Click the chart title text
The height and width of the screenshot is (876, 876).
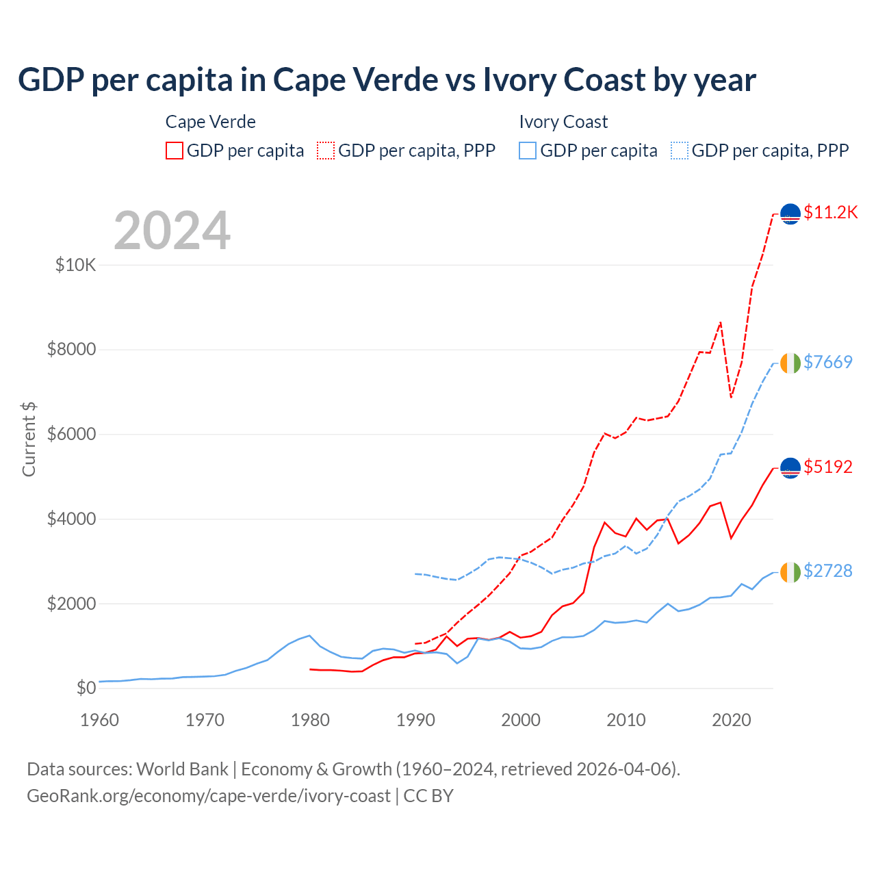pyautogui.click(x=387, y=80)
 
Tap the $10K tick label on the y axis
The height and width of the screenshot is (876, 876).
pyautogui.click(x=75, y=265)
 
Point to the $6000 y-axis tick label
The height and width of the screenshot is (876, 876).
pyautogui.click(x=71, y=435)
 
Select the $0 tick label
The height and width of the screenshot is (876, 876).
pyautogui.click(x=86, y=688)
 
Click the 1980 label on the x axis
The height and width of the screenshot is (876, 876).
pyautogui.click(x=310, y=720)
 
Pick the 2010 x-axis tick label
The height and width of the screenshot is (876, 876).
pyautogui.click(x=626, y=720)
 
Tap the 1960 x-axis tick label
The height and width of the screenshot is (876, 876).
pyautogui.click(x=100, y=720)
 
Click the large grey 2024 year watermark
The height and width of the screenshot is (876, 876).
pyautogui.click(x=172, y=231)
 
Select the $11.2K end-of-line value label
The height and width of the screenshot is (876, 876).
pyautogui.click(x=830, y=212)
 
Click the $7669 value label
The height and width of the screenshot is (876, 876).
pyautogui.click(x=827, y=362)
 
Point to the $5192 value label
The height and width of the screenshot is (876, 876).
pyautogui.click(x=827, y=467)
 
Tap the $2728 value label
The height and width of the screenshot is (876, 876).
pyautogui.click(x=827, y=571)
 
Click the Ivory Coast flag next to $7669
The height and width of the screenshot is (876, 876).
pyautogui.click(x=790, y=363)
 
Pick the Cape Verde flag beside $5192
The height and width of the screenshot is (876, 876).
pyautogui.click(x=790, y=467)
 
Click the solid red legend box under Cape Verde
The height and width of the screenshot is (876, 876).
pyautogui.click(x=175, y=151)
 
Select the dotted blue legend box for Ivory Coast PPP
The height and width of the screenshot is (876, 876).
pyautogui.click(x=680, y=151)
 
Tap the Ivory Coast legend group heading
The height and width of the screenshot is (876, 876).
pyautogui.click(x=563, y=122)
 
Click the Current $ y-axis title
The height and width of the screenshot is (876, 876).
pyautogui.click(x=29, y=439)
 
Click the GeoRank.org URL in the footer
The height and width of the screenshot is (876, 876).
pyautogui.click(x=209, y=796)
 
